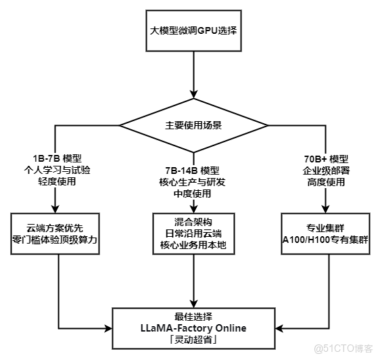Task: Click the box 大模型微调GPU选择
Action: point(193,31)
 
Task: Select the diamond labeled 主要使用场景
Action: point(193,125)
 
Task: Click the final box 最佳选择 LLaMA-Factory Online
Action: point(193,328)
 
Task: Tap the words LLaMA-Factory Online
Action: point(193,328)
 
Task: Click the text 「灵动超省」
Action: point(193,340)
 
